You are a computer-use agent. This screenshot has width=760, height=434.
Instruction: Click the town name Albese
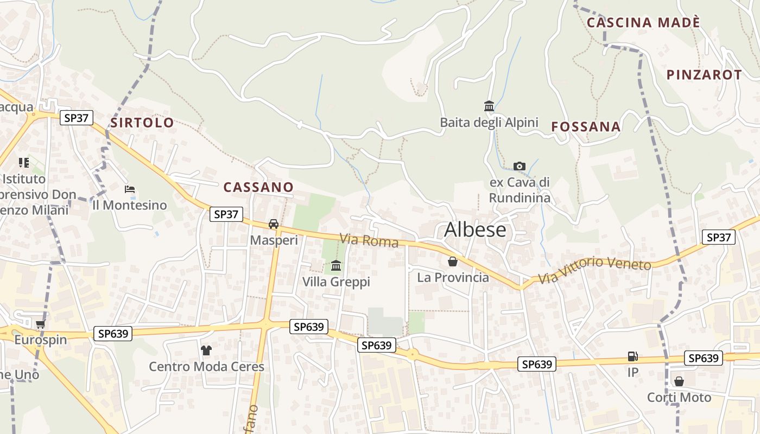[475, 230]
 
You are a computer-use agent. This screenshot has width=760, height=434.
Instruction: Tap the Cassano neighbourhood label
[258, 187]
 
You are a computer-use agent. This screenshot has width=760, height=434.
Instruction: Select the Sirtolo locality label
[142, 123]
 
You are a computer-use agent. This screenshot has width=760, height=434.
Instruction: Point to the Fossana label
[586, 127]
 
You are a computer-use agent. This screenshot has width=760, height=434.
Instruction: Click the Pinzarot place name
[704, 75]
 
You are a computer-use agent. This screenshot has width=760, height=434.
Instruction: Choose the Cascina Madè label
[643, 23]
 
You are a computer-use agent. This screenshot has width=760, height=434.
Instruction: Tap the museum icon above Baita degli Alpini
[489, 106]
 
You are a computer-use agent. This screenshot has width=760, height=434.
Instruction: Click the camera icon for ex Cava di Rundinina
[520, 166]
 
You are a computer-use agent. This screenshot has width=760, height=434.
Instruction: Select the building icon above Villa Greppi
[336, 266]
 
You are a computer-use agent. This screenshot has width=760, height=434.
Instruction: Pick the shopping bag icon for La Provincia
[453, 261]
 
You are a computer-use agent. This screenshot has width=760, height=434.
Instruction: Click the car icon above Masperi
[274, 224]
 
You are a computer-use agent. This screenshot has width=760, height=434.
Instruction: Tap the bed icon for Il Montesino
[130, 189]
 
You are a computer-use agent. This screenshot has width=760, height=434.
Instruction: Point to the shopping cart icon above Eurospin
[40, 324]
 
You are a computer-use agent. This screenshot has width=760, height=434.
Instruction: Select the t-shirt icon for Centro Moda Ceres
[206, 350]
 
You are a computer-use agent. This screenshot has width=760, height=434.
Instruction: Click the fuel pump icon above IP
[632, 356]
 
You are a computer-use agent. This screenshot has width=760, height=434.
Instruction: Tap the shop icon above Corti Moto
[679, 381]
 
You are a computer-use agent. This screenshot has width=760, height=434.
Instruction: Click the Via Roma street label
[369, 240]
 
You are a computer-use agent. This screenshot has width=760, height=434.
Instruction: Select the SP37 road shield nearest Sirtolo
[77, 118]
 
